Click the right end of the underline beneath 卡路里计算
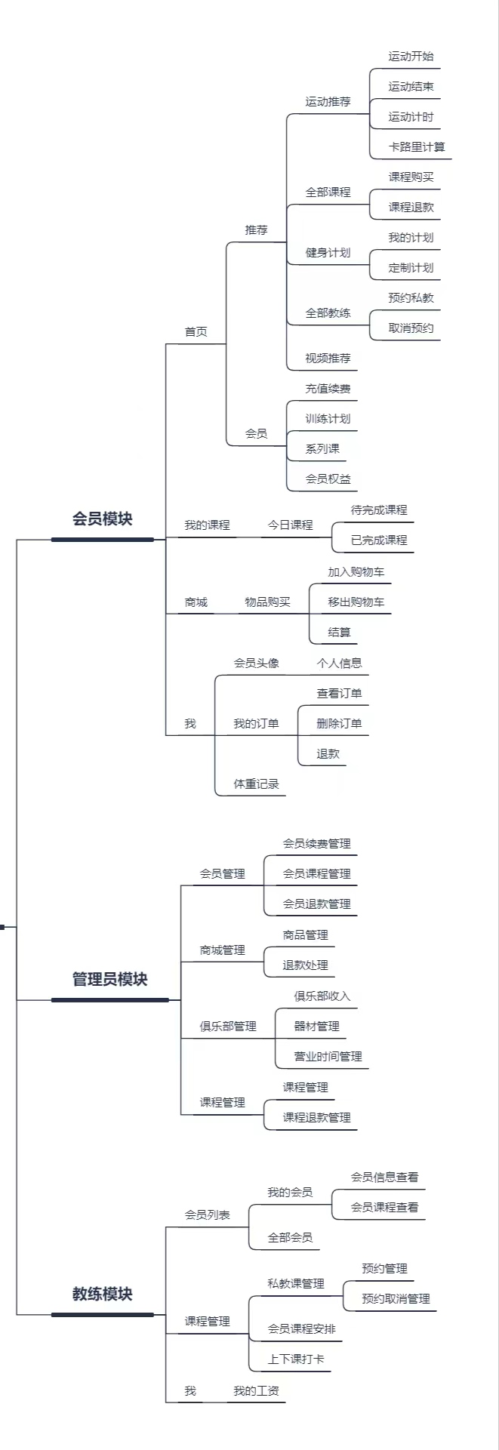tap(451, 159)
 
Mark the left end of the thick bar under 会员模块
tap(52, 540)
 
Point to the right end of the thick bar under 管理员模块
tap(168, 1000)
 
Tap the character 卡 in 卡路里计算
tap(394, 146)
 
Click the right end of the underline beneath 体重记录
tap(285, 796)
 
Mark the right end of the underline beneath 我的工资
tap(285, 1402)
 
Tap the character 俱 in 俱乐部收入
tap(300, 996)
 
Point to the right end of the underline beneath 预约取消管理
tap(436, 1310)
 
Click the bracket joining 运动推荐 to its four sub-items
tap(370, 113)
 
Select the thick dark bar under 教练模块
tap(103, 1314)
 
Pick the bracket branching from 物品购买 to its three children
tap(310, 614)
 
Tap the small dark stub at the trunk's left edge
tap(2, 926)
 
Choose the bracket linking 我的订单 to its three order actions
tap(298, 735)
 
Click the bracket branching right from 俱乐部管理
tap(276, 1038)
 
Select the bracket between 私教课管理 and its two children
tap(343, 1295)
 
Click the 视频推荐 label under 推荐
tap(328, 359)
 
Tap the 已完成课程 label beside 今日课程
tap(379, 540)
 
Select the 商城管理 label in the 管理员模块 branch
tap(222, 950)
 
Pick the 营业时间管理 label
tap(328, 1057)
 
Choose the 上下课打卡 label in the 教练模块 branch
tap(296, 1359)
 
